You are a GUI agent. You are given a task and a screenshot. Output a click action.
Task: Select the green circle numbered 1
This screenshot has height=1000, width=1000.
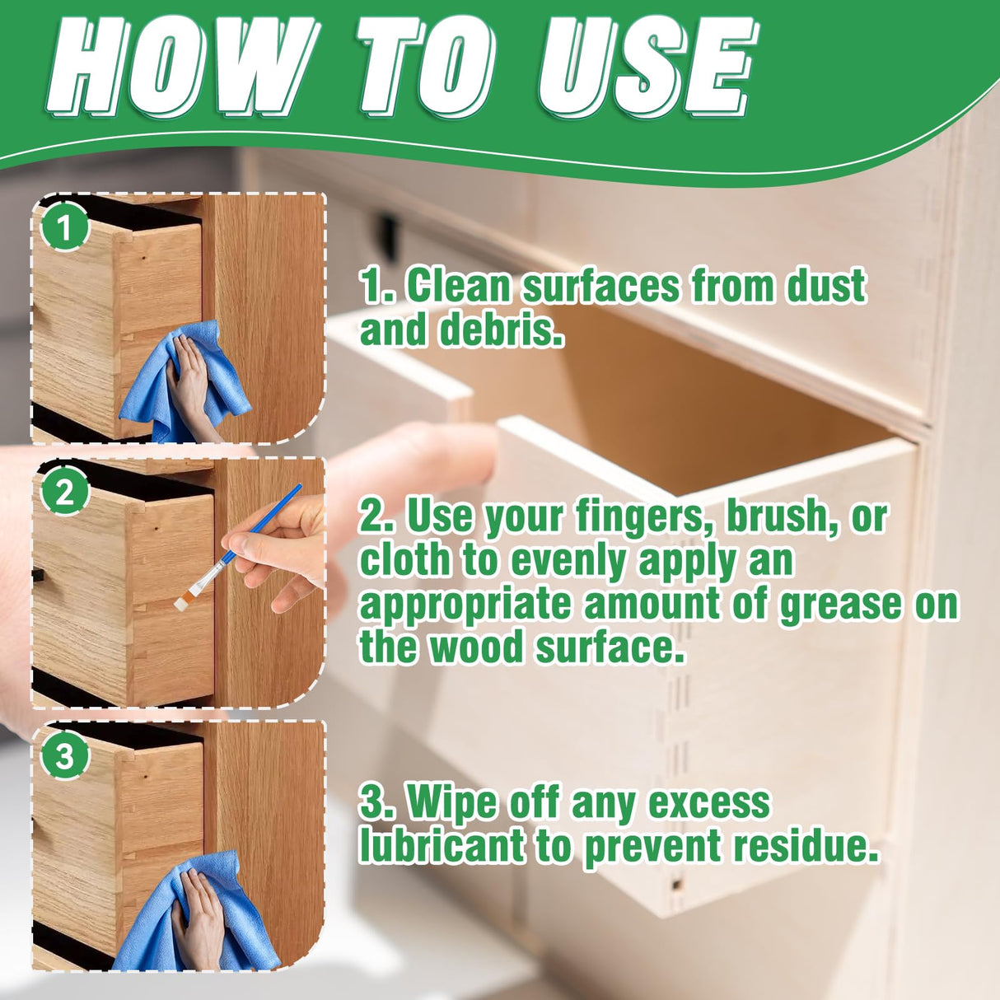pyautogui.click(x=64, y=226)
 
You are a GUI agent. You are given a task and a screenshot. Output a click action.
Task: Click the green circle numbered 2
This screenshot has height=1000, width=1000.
pyautogui.click(x=64, y=492)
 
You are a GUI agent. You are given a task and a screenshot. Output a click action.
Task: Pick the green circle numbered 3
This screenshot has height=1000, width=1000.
pyautogui.click(x=64, y=755)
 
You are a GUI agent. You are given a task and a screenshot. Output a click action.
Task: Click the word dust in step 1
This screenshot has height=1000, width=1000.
pyautogui.click(x=825, y=287)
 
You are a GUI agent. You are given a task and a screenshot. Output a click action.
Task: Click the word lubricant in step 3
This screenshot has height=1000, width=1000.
pyautogui.click(x=442, y=846)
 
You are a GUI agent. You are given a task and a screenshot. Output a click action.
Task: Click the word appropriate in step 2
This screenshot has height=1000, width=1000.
pyautogui.click(x=465, y=605)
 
